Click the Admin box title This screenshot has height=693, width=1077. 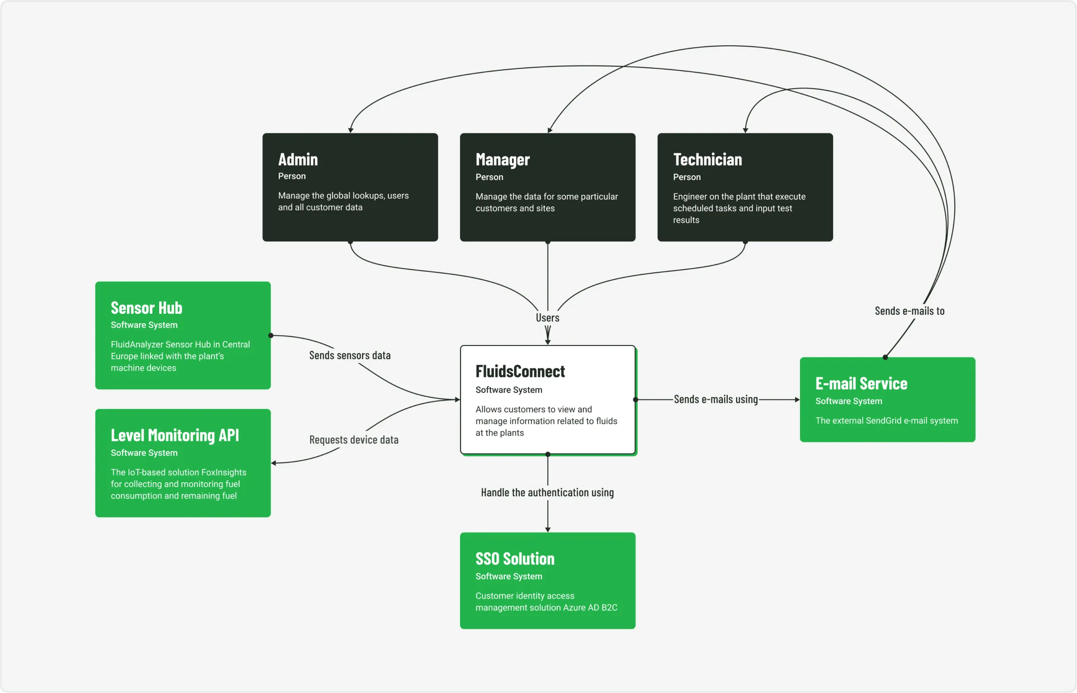tap(298, 159)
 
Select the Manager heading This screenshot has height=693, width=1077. tap(502, 160)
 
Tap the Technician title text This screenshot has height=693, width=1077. tap(707, 160)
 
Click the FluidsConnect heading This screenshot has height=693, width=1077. tap(520, 372)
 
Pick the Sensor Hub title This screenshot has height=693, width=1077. tap(146, 308)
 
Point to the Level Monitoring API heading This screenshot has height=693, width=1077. tap(175, 436)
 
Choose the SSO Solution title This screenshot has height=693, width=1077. tap(515, 559)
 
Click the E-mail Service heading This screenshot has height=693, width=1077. tap(861, 384)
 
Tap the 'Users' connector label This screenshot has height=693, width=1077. tap(548, 318)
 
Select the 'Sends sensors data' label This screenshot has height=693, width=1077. tap(350, 356)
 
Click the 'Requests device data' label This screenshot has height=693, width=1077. tap(353, 440)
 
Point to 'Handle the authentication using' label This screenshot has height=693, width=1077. tap(547, 493)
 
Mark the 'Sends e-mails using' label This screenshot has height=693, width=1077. tap(715, 399)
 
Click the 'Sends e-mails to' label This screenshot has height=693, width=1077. tap(909, 311)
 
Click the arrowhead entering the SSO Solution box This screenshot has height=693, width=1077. tap(548, 529)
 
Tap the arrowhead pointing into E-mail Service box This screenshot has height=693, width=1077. tap(797, 399)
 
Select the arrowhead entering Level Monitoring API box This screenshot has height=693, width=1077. tap(274, 463)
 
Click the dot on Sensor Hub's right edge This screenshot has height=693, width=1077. tap(271, 335)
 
